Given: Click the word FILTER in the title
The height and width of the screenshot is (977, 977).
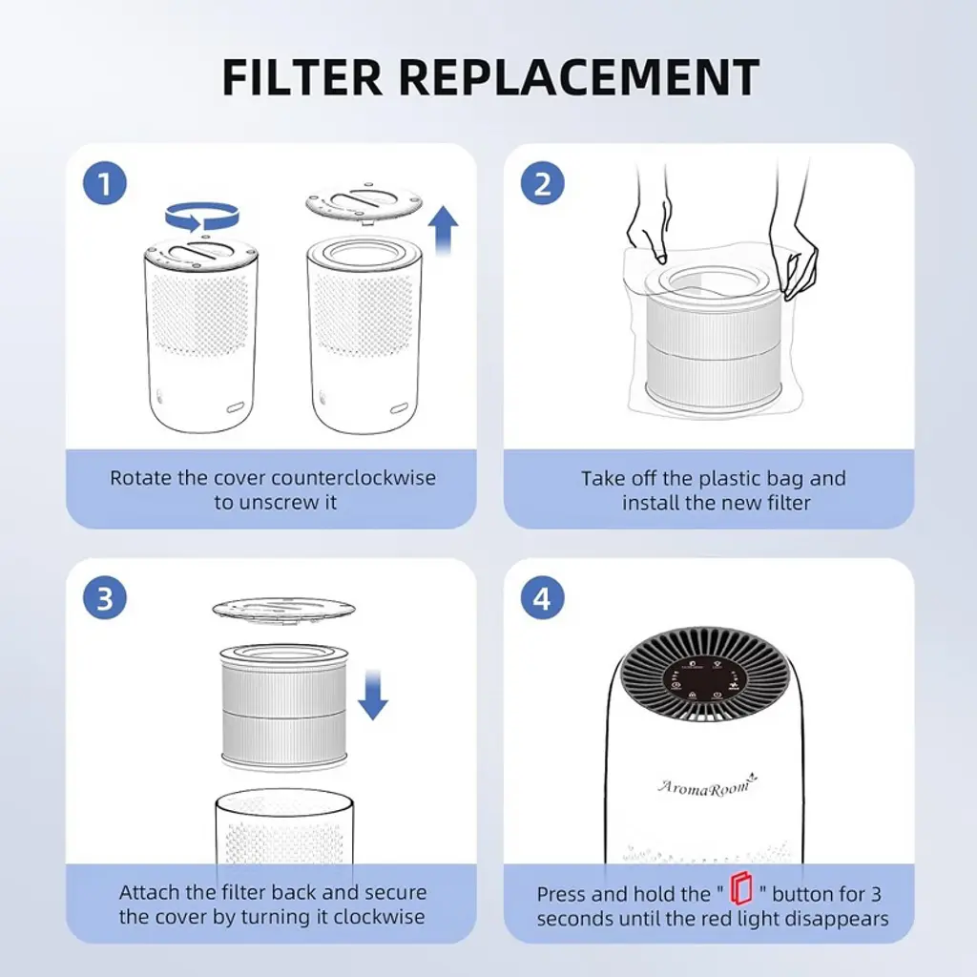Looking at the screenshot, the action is (x=301, y=77).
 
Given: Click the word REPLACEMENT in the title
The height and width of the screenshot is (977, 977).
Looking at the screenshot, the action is (x=579, y=77).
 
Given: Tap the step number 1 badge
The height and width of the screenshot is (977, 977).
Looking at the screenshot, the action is (x=105, y=184).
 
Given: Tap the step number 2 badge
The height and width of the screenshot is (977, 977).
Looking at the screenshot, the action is (x=543, y=184).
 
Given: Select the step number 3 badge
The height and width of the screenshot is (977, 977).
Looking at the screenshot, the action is (x=105, y=598).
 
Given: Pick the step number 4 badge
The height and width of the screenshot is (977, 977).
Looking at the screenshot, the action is (x=543, y=598).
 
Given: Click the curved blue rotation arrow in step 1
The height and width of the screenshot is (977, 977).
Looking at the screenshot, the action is (x=202, y=217).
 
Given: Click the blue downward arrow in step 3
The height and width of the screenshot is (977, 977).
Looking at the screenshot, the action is (x=373, y=695).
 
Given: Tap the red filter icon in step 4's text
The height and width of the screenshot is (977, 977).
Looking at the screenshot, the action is (x=741, y=888).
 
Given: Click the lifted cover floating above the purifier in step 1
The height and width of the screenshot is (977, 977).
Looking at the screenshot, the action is (x=364, y=202).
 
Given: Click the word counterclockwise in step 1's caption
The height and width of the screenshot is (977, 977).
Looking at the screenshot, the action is (x=353, y=478).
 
